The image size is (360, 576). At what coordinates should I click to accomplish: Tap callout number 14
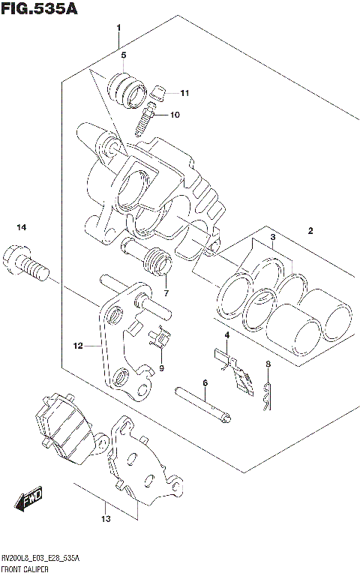[x=22, y=227]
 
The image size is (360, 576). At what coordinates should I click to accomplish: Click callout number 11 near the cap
[x=185, y=93]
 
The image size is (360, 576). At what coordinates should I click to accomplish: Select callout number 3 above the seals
[x=274, y=237]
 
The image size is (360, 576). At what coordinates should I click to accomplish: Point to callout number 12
[x=77, y=346]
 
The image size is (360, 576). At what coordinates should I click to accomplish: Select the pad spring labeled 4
[x=233, y=367]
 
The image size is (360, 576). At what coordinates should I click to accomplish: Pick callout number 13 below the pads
[x=106, y=519]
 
